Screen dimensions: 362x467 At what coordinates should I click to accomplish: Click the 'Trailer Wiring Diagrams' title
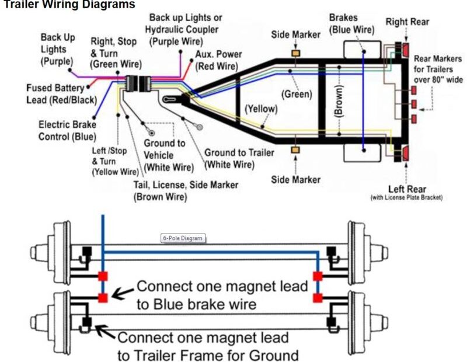(67, 5)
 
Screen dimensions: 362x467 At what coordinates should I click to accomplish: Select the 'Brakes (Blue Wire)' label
(350, 24)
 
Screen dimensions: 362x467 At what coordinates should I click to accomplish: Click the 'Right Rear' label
(407, 22)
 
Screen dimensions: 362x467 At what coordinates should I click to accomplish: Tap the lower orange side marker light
(296, 151)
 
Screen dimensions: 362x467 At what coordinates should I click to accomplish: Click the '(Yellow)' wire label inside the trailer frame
(261, 109)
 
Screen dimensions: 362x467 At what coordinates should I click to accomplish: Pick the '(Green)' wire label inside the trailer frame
(297, 93)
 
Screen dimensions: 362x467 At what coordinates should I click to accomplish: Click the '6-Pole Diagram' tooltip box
(183, 238)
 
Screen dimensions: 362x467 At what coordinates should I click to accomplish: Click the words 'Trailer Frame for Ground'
(208, 354)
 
